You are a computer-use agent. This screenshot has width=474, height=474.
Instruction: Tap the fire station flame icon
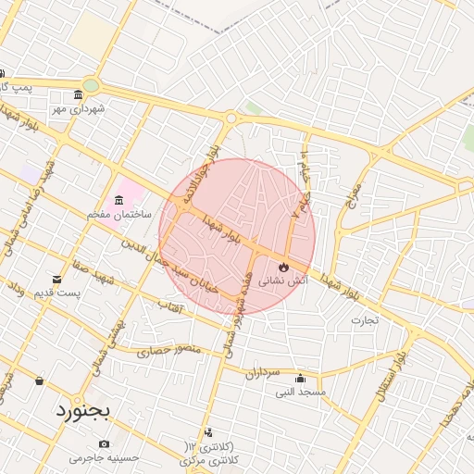(271, 268)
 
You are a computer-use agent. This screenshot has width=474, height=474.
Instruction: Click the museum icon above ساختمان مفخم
(119, 201)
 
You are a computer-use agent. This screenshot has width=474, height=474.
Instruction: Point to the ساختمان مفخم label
(119, 214)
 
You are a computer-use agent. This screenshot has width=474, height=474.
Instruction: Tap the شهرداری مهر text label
(79, 108)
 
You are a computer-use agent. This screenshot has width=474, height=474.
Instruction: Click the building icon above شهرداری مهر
(79, 95)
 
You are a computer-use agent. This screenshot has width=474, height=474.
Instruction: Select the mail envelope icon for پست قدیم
(57, 280)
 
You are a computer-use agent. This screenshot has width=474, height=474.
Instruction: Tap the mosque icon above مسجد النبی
(300, 378)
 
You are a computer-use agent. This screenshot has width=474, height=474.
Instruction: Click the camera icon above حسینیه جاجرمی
(104, 443)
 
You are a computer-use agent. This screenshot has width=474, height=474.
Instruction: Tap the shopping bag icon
(39, 380)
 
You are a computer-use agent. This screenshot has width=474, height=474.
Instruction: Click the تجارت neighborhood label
(365, 321)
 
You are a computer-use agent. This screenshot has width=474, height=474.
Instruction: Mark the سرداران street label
(262, 374)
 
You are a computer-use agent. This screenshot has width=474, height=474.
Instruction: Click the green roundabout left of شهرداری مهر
(91, 86)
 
